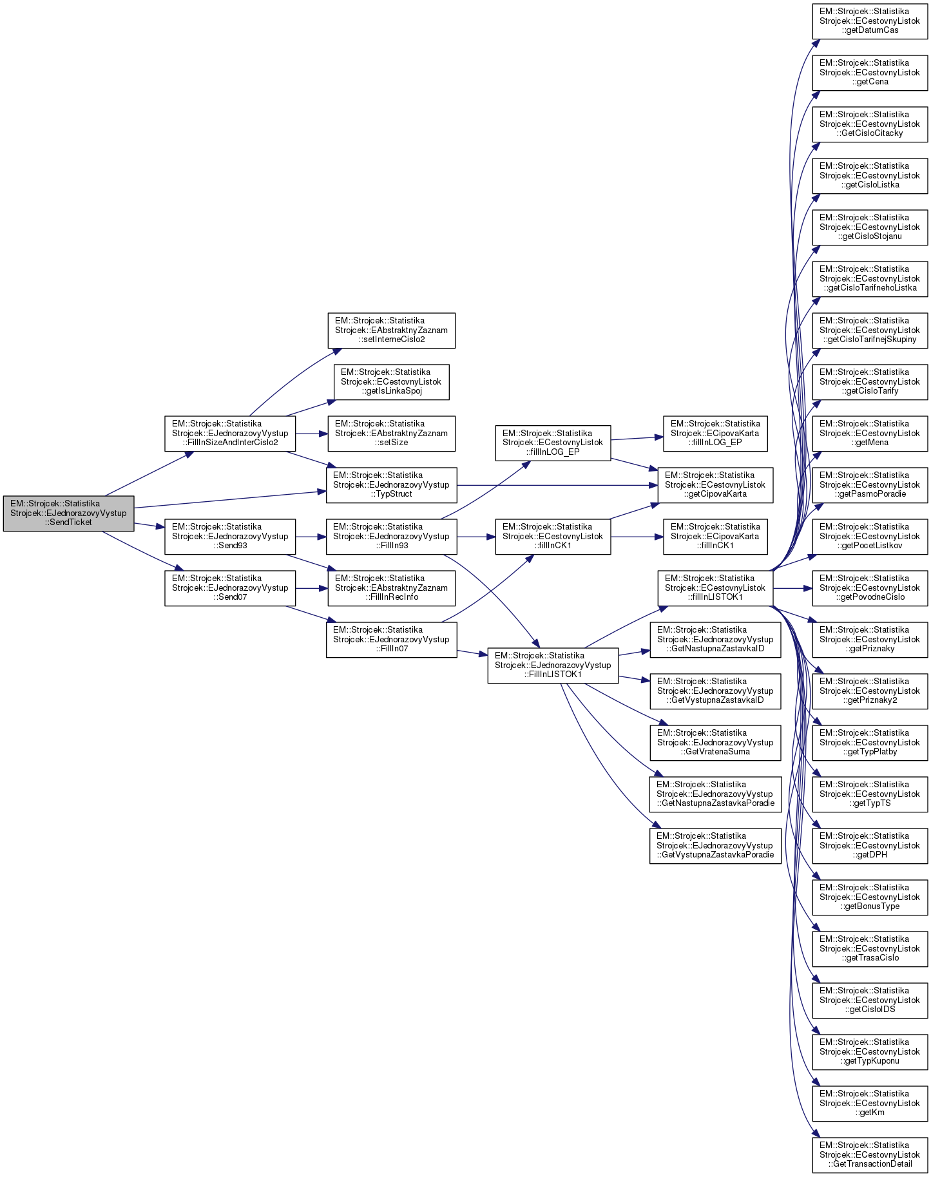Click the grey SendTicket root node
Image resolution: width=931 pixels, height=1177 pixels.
68,513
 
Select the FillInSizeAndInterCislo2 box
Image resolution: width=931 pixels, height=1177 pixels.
230,434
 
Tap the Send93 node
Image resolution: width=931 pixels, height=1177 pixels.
230,536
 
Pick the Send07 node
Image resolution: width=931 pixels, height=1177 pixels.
230,588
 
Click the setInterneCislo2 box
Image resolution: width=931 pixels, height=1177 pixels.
391,330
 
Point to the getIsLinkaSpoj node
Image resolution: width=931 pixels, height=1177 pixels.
391,381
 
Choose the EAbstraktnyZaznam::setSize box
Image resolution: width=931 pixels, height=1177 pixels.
391,434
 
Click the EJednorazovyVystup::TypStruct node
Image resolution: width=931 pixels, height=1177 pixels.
391,485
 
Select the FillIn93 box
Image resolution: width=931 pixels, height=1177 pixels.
391,536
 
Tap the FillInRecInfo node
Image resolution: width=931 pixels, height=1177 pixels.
391,588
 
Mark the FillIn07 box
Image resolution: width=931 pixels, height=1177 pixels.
391,639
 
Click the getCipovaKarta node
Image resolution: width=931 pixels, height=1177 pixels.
715,485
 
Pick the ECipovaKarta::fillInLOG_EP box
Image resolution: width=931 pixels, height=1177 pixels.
715,434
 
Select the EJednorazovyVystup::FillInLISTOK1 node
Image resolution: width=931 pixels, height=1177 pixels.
553,665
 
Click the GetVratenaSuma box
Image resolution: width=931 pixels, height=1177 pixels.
715,742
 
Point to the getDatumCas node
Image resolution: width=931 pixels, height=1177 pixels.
870,21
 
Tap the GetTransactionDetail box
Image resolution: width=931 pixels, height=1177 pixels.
870,1154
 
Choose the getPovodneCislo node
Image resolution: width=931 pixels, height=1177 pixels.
870,588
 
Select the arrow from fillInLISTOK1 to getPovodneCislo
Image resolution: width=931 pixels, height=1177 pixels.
792,588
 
